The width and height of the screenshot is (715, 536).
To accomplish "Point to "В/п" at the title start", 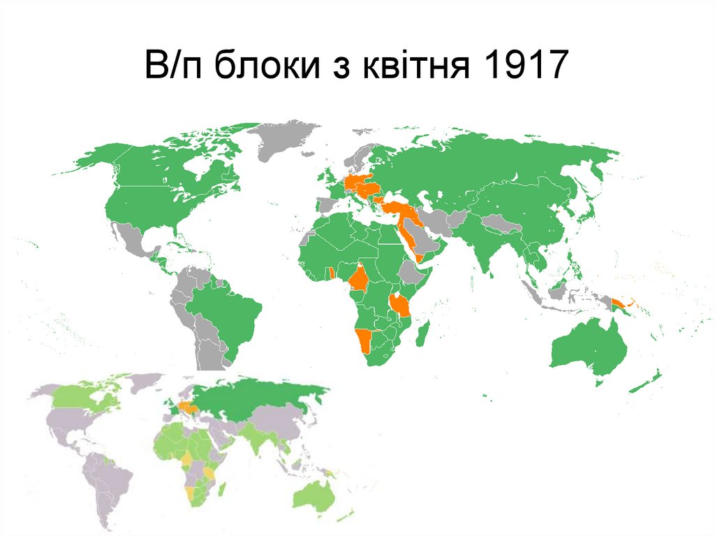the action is (175, 67).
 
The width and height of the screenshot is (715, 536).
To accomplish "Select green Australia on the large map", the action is (587, 347).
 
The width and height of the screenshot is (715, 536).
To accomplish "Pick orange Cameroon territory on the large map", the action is (360, 278).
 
